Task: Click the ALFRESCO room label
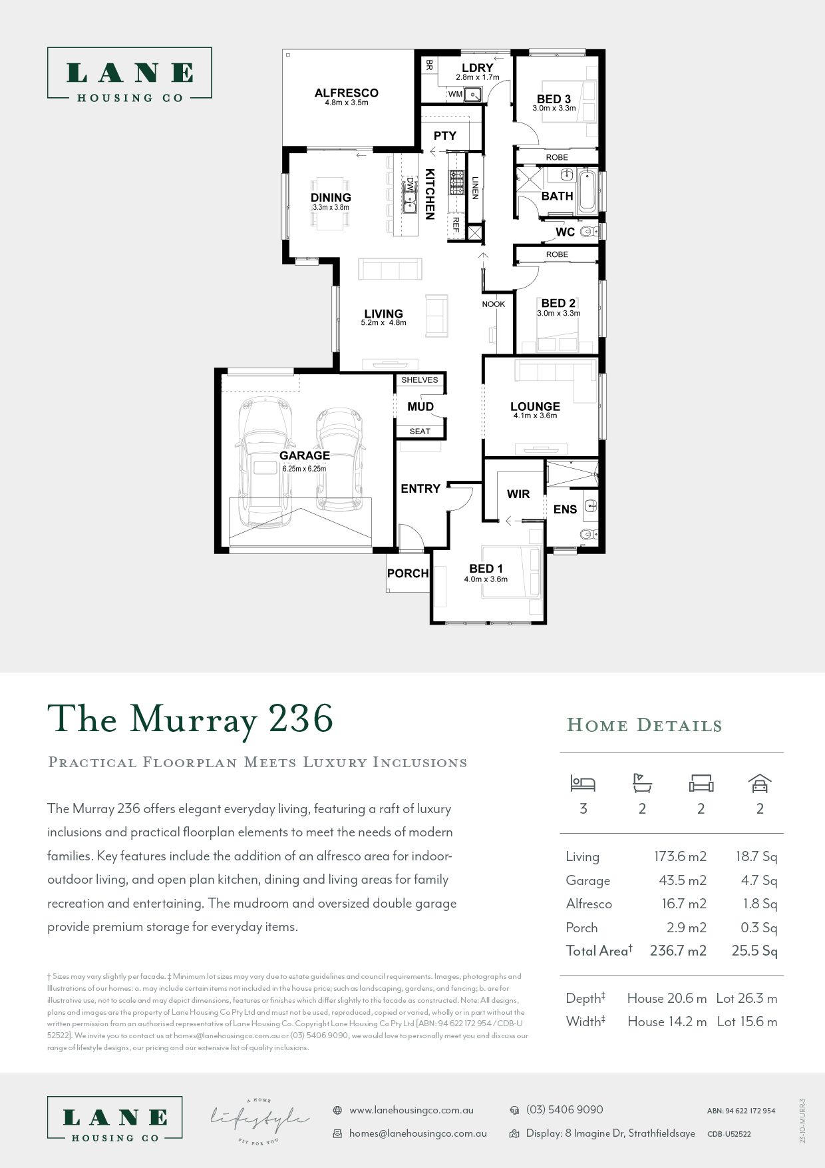[x=346, y=93]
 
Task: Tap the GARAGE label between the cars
[x=304, y=455]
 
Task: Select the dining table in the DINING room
[x=331, y=203]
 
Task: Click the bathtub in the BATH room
[x=587, y=192]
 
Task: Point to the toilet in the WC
[x=588, y=232]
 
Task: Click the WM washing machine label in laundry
[x=455, y=95]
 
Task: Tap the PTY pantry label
[x=444, y=136]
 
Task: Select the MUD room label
[x=420, y=407]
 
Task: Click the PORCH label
[x=407, y=573]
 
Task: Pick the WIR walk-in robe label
[x=518, y=494]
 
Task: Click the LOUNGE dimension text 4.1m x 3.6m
[x=535, y=416]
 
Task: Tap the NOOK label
[x=493, y=304]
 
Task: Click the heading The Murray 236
[x=190, y=720]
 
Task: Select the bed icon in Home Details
[x=583, y=784]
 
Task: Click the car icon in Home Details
[x=759, y=784]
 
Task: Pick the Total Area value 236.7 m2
[x=677, y=951]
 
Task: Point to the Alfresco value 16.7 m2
[x=683, y=904]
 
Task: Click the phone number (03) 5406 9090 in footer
[x=564, y=1110]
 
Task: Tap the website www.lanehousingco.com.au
[x=411, y=1111]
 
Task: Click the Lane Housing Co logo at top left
[x=130, y=74]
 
